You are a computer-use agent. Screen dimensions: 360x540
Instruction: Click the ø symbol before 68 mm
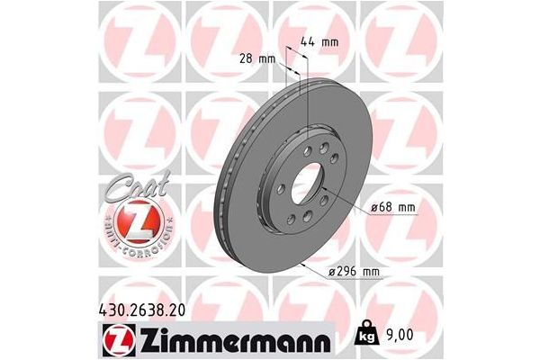pyautogui.click(x=373, y=209)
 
